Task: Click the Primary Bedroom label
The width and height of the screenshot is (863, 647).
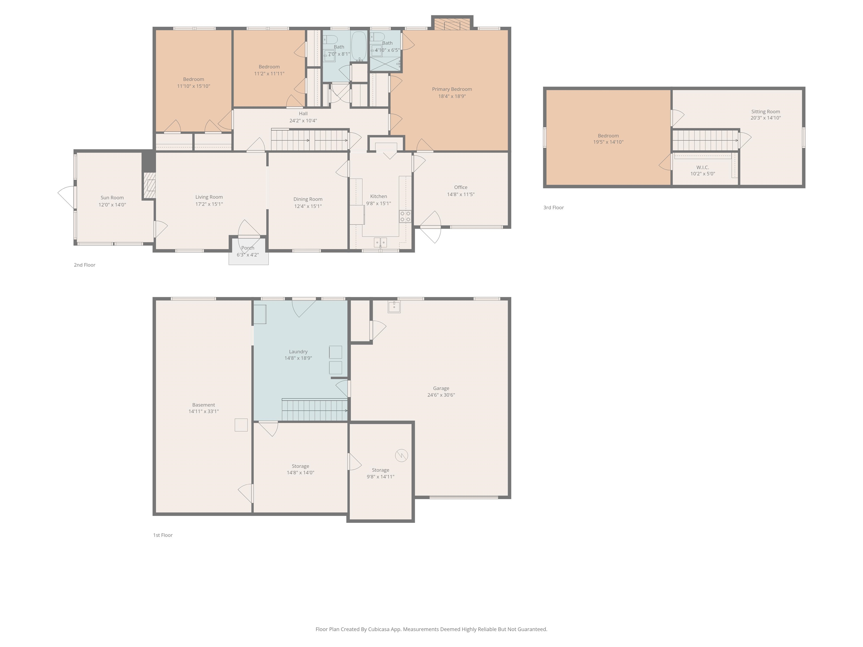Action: pyautogui.click(x=452, y=89)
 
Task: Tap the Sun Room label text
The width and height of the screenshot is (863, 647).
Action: pyautogui.click(x=112, y=198)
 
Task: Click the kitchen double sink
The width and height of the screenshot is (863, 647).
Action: pyautogui.click(x=380, y=242)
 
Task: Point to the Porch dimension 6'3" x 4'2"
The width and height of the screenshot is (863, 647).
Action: pyautogui.click(x=248, y=255)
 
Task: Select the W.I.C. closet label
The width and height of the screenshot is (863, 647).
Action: pyautogui.click(x=703, y=167)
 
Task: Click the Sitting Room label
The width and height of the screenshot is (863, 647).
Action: pyautogui.click(x=766, y=111)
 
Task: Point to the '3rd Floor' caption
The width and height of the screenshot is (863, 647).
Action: pyautogui.click(x=554, y=208)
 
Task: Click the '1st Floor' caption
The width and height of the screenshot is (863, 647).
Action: pyautogui.click(x=163, y=535)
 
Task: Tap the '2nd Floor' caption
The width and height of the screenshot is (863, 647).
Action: pyautogui.click(x=85, y=265)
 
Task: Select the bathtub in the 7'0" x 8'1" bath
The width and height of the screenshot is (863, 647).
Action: pyautogui.click(x=359, y=46)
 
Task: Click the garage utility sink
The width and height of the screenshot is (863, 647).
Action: pyautogui.click(x=394, y=307)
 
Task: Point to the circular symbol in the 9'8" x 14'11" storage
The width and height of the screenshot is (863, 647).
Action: pyautogui.click(x=401, y=455)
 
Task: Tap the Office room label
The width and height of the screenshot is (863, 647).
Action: pyautogui.click(x=461, y=188)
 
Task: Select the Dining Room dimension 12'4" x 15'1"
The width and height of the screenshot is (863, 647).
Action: pyautogui.click(x=308, y=206)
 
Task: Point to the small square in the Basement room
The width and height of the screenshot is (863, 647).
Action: pyautogui.click(x=241, y=425)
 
